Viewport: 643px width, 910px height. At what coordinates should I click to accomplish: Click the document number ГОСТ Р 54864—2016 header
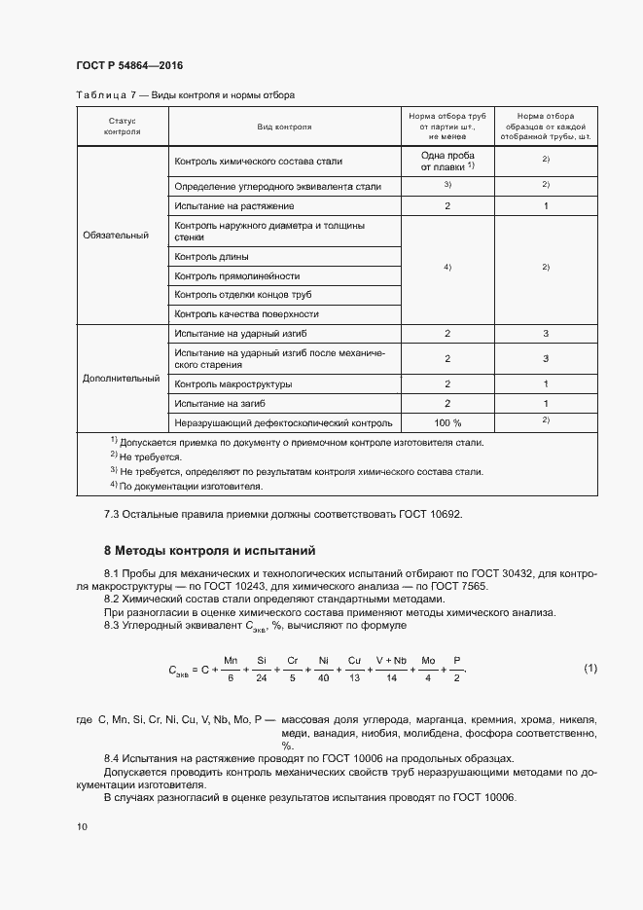point(129,65)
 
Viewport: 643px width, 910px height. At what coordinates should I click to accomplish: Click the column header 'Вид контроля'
point(284,127)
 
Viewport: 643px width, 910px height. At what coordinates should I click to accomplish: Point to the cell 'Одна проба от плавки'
point(447,161)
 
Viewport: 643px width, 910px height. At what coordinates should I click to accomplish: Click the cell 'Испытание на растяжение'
point(233,206)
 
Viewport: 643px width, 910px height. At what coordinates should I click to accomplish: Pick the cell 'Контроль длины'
point(211,257)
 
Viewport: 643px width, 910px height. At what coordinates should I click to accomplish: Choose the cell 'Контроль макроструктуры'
point(232,384)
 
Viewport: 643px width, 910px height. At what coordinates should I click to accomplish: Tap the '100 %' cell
point(447,422)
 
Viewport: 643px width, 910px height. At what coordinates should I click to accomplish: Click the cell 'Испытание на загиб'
point(220,403)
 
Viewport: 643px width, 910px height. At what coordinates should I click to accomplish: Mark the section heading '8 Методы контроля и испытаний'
point(209,550)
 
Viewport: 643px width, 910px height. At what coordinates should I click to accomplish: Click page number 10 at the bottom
point(82,826)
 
